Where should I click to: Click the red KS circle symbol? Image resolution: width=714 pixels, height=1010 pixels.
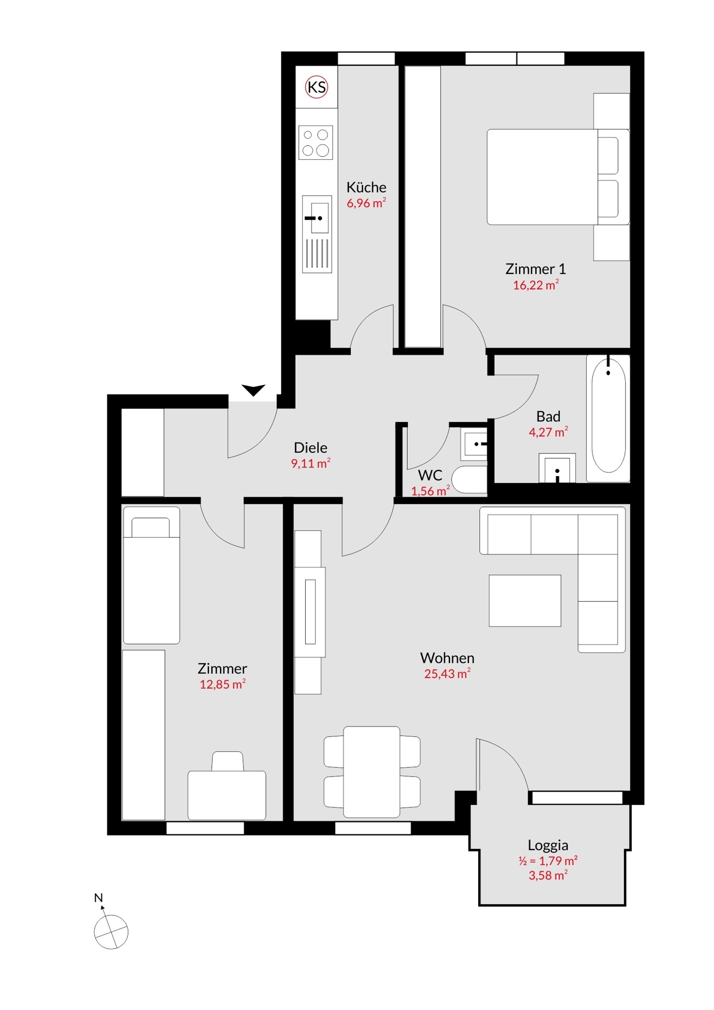[317, 87]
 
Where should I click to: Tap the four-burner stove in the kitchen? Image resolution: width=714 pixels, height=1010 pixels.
[316, 143]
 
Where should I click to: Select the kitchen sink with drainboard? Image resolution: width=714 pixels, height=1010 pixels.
[317, 234]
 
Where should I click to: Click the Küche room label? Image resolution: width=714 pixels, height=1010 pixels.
[366, 187]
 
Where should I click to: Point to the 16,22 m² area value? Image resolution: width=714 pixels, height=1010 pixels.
[536, 285]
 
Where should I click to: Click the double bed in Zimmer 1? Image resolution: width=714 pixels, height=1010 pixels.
[558, 177]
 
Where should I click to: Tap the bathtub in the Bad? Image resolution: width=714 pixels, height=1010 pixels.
[608, 419]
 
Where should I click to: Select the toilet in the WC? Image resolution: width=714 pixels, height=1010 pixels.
[469, 479]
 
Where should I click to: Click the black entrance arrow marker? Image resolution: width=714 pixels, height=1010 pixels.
[253, 390]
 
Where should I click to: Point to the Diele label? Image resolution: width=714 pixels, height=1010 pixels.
[310, 448]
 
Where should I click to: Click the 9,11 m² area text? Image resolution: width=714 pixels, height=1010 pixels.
[310, 463]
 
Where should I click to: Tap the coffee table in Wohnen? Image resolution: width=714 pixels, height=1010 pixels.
[525, 600]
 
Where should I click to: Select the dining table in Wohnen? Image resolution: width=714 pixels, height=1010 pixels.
[371, 772]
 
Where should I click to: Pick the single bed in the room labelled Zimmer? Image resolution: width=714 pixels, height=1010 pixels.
[151, 575]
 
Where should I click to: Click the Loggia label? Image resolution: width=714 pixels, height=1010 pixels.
[548, 845]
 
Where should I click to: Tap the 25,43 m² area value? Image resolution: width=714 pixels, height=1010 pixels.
[447, 674]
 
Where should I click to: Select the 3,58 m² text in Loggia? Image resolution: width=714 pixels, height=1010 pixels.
[548, 875]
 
